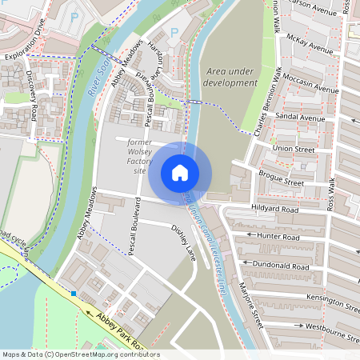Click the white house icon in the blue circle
(180, 172)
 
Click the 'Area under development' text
(231, 77)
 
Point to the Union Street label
(293, 148)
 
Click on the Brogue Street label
(281, 178)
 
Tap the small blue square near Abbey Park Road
(73, 294)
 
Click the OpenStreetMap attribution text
(81, 354)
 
